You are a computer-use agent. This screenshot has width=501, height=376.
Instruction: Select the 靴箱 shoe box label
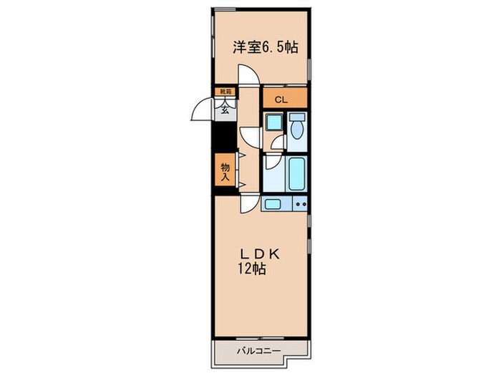(x=224, y=92)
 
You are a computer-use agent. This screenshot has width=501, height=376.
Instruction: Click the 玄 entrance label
(x=225, y=109)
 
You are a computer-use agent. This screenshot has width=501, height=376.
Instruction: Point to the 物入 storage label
(x=224, y=172)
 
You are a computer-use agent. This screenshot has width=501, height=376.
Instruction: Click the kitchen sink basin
(x=273, y=204)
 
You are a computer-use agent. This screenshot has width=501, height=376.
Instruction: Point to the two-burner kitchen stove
(x=300, y=204)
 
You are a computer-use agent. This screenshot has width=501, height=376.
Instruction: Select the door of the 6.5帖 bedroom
(x=248, y=75)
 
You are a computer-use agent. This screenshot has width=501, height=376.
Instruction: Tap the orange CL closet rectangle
(x=284, y=97)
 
